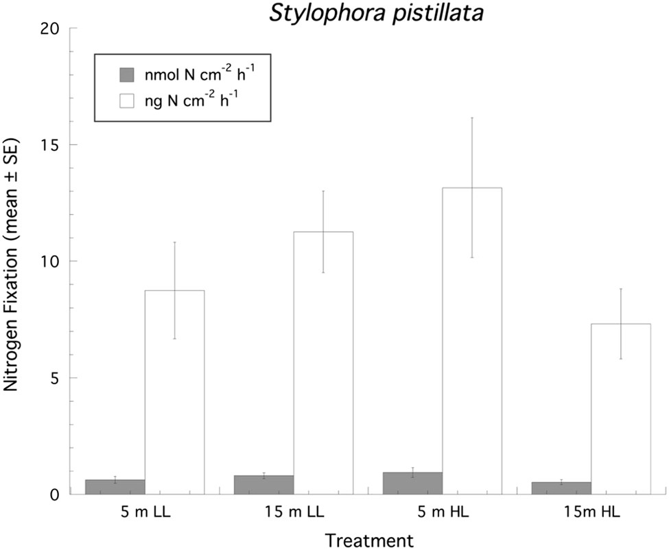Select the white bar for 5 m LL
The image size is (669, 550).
pyautogui.click(x=174, y=392)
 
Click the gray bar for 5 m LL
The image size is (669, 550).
pyautogui.click(x=115, y=486)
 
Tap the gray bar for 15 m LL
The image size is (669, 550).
pyautogui.click(x=264, y=484)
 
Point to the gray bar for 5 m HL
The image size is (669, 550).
pyautogui.click(x=413, y=483)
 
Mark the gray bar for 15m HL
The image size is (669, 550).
pyautogui.click(x=561, y=488)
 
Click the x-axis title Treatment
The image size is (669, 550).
pyautogui.click(x=369, y=540)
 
